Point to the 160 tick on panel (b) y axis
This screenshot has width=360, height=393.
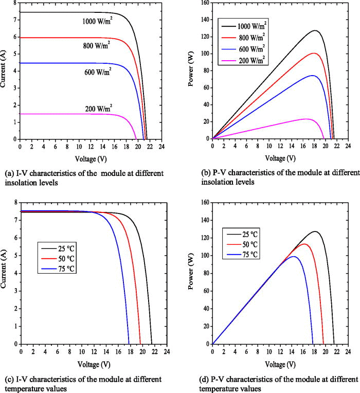204,3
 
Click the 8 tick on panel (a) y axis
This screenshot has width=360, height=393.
14,3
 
